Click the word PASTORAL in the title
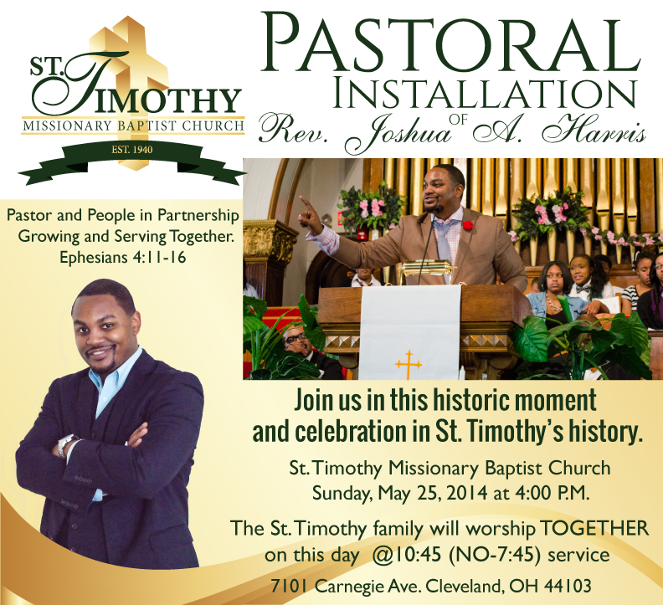[x=450, y=43]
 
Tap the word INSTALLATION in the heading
[x=485, y=94]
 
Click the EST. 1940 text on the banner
[x=132, y=150]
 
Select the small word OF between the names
[x=459, y=120]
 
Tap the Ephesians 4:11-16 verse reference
[x=122, y=257]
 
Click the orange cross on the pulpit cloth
[x=409, y=365]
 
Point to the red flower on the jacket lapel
[x=468, y=225]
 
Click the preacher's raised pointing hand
[x=310, y=217]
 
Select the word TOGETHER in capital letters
[x=594, y=529]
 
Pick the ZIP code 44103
[x=568, y=586]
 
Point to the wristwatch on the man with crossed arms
[x=64, y=446]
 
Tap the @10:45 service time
[x=406, y=555]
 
